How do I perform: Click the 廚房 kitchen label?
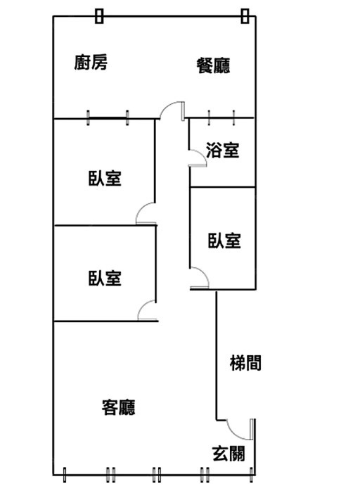click(x=91, y=63)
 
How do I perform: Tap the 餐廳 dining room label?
click(x=213, y=65)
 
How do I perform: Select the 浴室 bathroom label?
click(x=223, y=150)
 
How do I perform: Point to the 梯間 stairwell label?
click(x=245, y=363)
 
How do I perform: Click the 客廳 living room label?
click(x=119, y=407)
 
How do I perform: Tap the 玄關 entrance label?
click(x=229, y=454)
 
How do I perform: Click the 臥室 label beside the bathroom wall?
click(x=224, y=241)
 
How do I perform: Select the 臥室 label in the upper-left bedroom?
click(x=105, y=178)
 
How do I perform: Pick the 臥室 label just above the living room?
click(x=105, y=278)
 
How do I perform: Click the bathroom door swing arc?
click(x=202, y=155)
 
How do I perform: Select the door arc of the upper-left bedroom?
click(x=141, y=209)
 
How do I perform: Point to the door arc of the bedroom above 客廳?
click(x=143, y=306)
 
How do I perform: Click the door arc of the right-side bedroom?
click(x=203, y=273)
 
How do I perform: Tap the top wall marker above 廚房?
click(x=99, y=15)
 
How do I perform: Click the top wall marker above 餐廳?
click(x=245, y=15)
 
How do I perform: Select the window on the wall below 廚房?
click(x=108, y=118)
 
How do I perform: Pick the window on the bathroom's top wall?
click(x=221, y=118)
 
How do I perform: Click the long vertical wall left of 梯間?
click(x=216, y=355)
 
